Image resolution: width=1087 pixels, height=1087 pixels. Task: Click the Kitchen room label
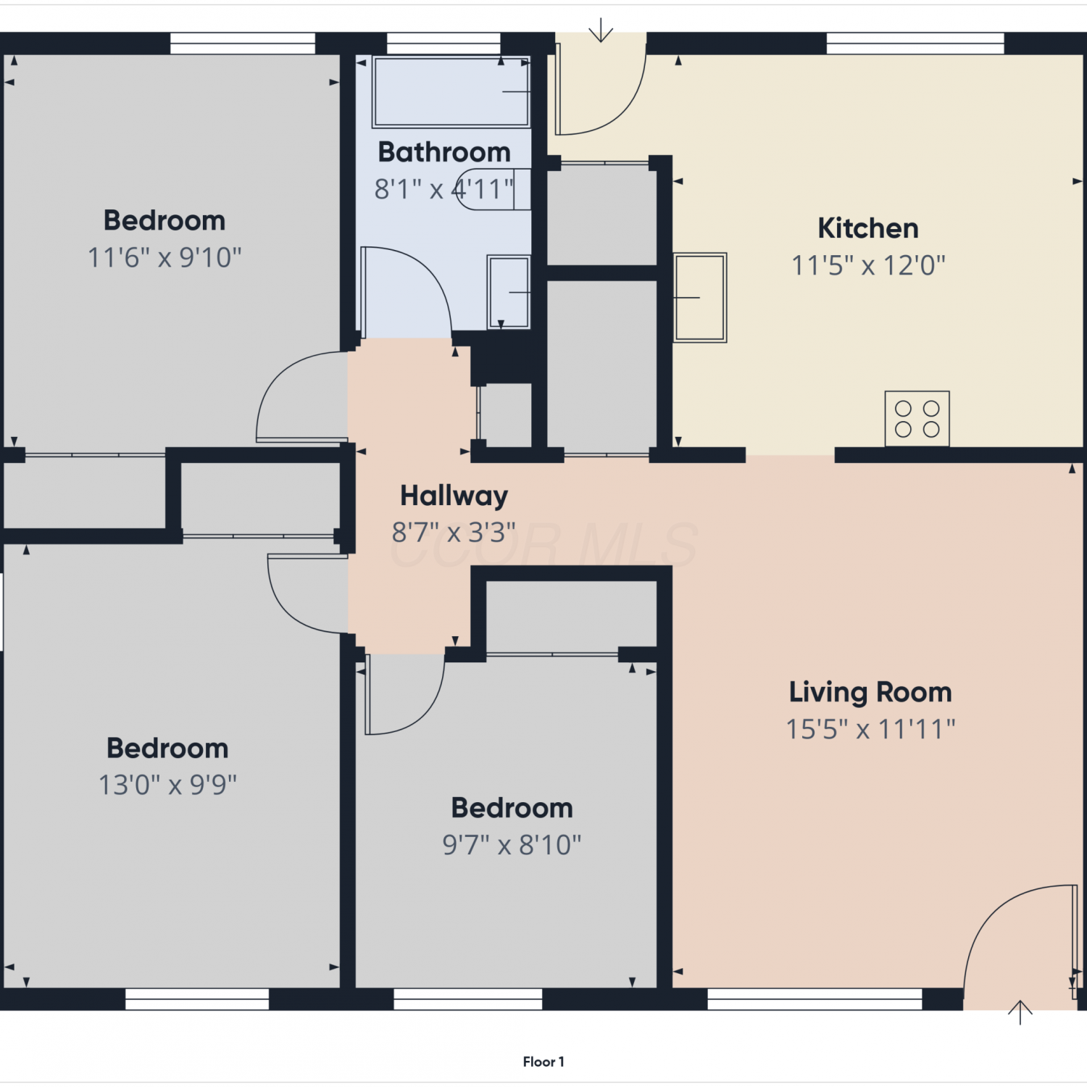point(868,229)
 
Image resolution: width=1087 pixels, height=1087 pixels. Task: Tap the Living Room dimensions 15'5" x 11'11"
point(870,729)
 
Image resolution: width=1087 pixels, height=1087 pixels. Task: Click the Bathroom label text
point(444,152)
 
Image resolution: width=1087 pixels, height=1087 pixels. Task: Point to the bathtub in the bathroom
point(451,92)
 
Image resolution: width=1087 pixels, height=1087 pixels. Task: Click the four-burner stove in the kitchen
point(917,419)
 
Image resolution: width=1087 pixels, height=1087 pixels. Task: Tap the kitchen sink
point(700,297)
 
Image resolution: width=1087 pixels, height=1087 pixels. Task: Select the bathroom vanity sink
point(509,292)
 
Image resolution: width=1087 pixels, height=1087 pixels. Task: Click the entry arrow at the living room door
point(1020,1012)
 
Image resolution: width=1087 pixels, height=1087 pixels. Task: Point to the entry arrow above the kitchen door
point(601,31)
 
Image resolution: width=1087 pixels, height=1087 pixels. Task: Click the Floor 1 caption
point(543,1062)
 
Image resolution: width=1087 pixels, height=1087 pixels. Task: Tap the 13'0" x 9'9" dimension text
point(167,785)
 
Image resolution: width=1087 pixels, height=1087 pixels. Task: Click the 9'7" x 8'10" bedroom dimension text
point(512,845)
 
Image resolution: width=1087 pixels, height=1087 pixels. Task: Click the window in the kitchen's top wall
point(915,43)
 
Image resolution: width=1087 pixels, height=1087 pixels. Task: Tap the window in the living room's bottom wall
point(815,999)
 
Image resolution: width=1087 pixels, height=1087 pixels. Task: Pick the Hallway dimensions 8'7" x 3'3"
point(454,533)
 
